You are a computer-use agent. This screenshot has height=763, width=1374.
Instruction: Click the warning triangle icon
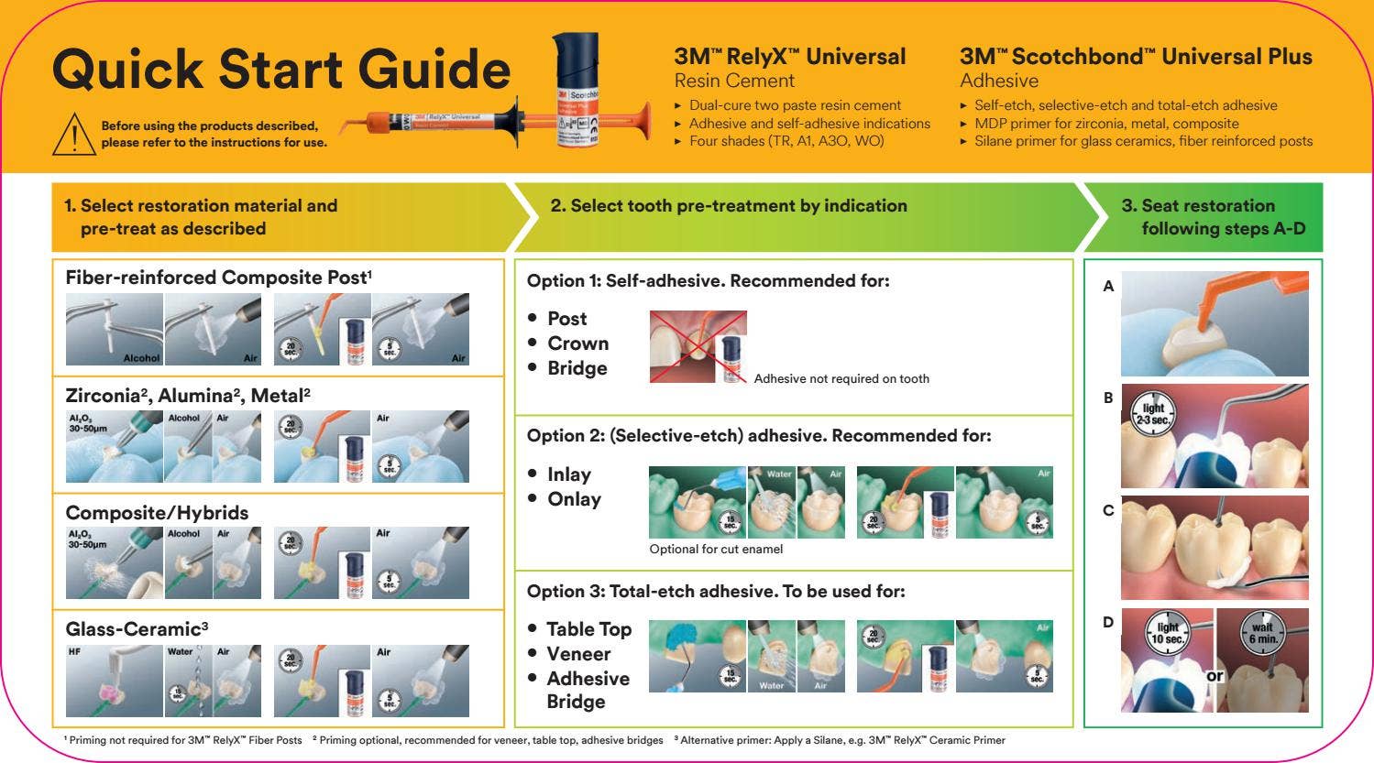tap(74, 135)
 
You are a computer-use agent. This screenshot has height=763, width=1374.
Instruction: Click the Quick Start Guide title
tap(280, 70)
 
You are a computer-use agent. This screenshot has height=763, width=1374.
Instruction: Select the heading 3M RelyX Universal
tap(789, 57)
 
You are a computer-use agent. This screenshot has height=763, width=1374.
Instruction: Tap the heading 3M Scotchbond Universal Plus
tap(1136, 57)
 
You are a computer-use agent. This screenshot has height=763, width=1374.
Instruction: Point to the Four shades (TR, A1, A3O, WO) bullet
tap(786, 141)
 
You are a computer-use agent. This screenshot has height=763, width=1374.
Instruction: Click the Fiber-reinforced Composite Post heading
tap(218, 278)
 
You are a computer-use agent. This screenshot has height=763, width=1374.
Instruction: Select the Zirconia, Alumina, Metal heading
tap(188, 396)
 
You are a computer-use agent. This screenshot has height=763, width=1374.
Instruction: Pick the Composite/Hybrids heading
tap(157, 513)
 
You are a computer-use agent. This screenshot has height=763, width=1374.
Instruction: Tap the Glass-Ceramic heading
tap(137, 629)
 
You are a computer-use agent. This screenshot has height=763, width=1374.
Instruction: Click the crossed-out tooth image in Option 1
tap(698, 346)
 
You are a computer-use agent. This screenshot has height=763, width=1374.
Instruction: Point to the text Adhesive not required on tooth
tap(841, 378)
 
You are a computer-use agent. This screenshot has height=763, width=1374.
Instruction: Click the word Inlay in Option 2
tap(568, 474)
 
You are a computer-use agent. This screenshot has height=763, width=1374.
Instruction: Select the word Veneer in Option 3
tap(577, 654)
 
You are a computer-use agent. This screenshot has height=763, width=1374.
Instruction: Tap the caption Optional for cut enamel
tap(716, 550)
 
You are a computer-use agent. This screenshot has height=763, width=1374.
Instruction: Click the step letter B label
tap(1108, 398)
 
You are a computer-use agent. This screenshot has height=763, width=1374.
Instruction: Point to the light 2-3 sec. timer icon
tap(1153, 412)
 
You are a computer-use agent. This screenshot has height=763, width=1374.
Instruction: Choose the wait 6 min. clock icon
tap(1262, 632)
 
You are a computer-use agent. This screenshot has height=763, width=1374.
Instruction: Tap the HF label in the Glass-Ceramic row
tap(74, 652)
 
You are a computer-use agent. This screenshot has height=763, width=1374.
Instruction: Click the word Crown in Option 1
tap(577, 343)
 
